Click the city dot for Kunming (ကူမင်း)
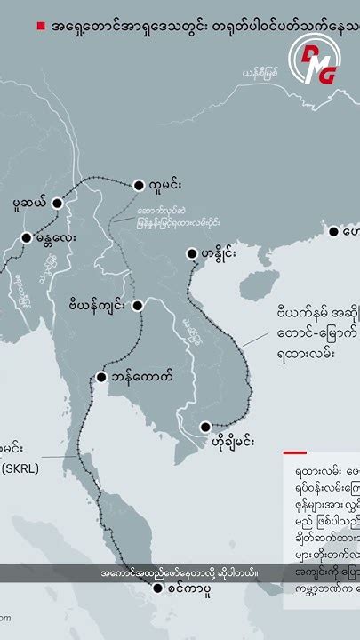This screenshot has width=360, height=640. (x=138, y=186)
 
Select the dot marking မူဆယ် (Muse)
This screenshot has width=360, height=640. (x=58, y=203)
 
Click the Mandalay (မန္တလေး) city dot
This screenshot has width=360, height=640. (x=27, y=237)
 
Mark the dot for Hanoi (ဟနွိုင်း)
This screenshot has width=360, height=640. (x=191, y=254)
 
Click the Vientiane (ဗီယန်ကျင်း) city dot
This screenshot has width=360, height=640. (x=138, y=305)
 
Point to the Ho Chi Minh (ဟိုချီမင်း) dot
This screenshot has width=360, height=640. (x=206, y=426)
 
